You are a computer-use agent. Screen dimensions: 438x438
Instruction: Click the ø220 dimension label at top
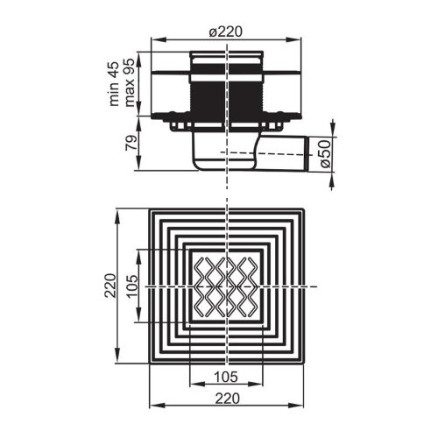point(226,32)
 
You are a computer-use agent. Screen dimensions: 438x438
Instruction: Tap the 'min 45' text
point(114,84)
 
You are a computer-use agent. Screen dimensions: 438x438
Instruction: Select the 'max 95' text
point(130,82)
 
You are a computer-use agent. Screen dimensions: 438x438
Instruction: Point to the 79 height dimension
point(131,143)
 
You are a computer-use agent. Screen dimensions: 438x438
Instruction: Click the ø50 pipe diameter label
point(326,153)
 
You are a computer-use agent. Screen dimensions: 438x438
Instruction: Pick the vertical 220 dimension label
point(110,286)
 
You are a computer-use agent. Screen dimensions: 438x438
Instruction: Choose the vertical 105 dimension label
point(132,286)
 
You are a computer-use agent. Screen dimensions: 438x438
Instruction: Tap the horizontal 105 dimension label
point(226,377)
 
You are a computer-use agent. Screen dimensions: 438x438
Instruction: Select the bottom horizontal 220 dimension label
point(228,399)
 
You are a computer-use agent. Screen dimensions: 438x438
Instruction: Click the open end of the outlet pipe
point(307,154)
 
